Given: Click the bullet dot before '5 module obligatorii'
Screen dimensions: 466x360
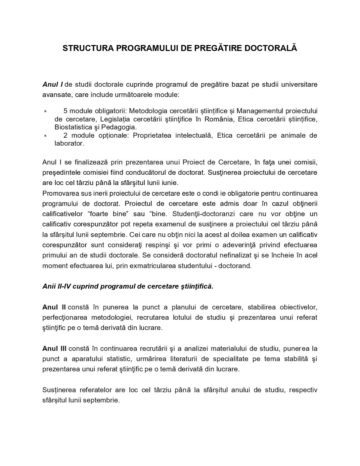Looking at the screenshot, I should [45, 111].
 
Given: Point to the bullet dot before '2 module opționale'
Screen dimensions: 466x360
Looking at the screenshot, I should [45, 136].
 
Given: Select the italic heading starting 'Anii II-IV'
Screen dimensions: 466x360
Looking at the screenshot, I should [128, 287].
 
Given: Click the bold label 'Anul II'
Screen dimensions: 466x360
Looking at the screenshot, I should [54, 307].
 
